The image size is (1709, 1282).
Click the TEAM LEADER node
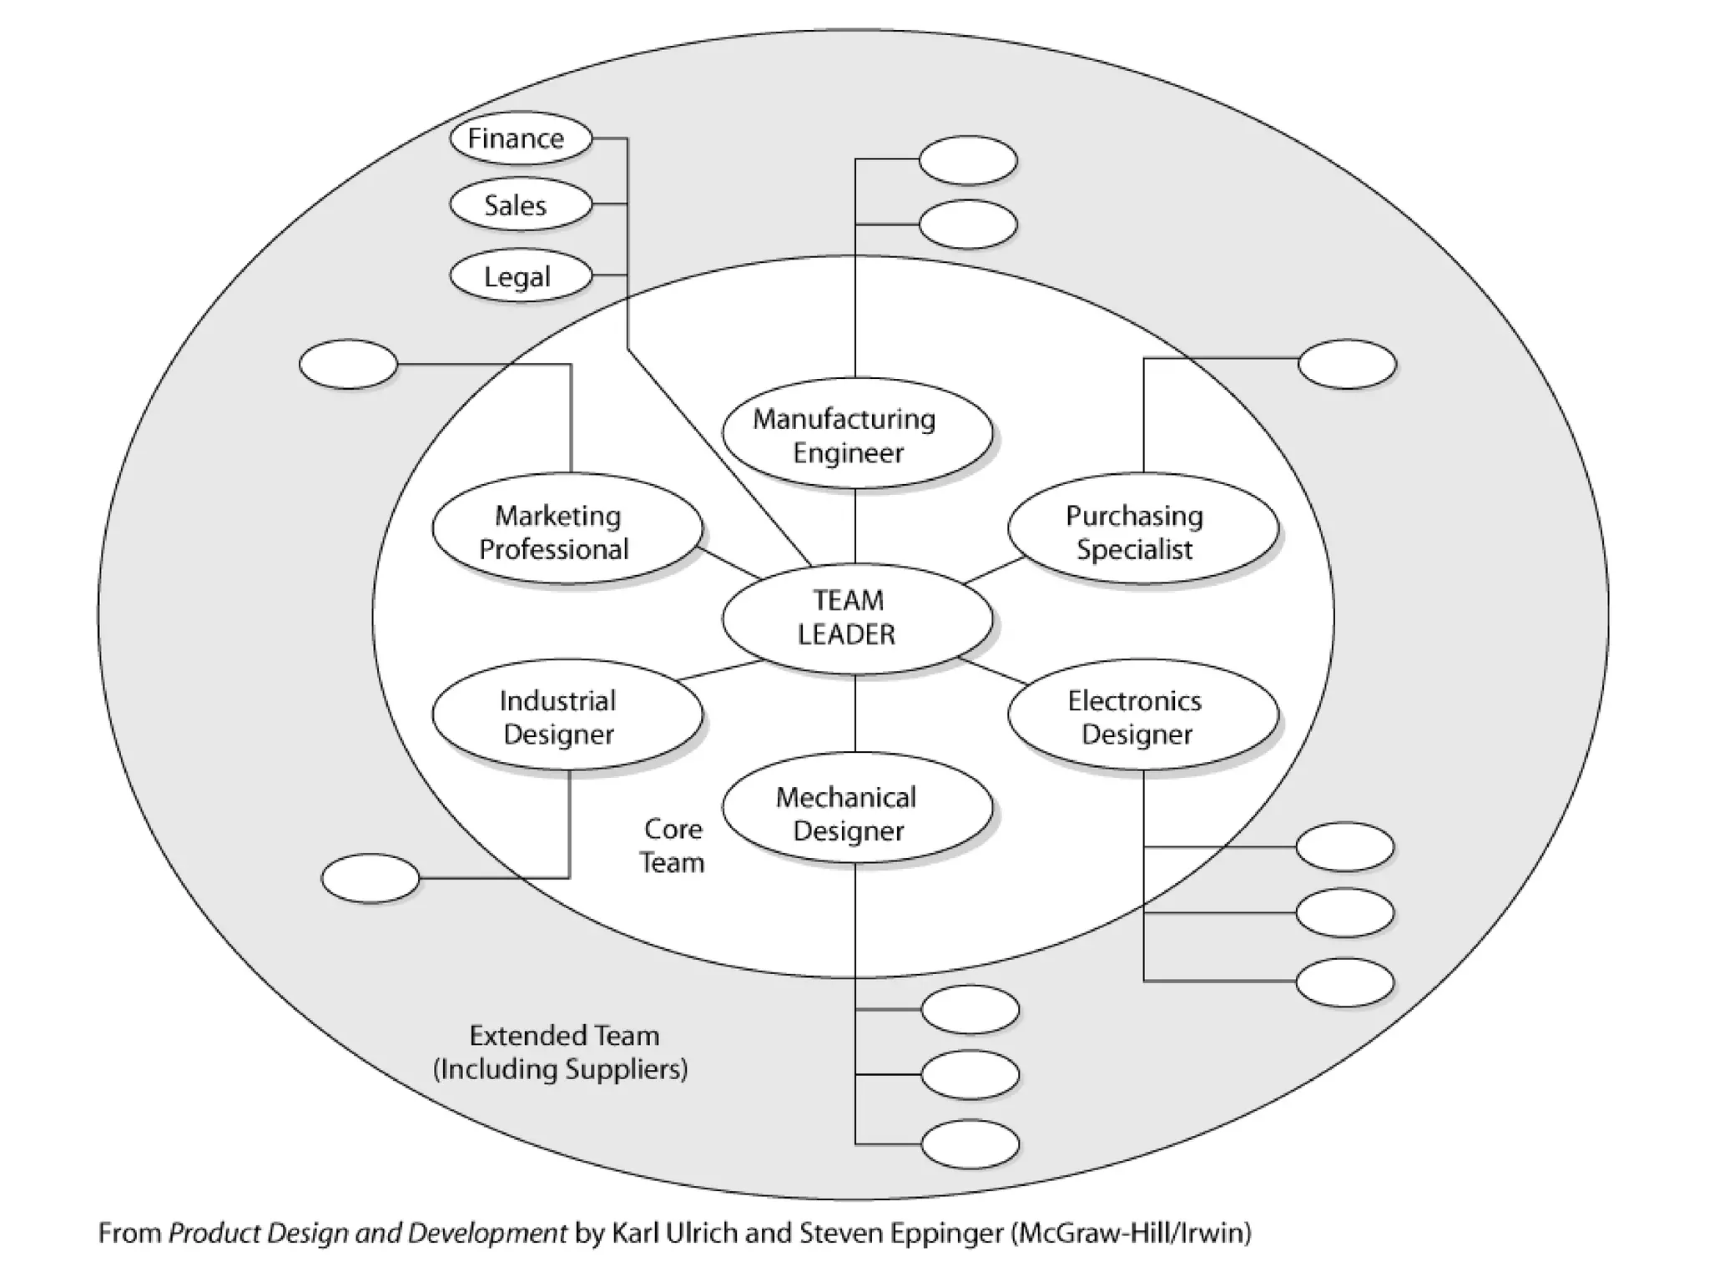(857, 618)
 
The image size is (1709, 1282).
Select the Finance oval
(521, 138)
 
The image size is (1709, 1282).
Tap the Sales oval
(521, 204)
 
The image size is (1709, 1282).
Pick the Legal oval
(521, 275)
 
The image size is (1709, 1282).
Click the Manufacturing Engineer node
(857, 433)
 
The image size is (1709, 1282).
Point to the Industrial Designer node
(567, 714)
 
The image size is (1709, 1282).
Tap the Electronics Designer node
(1143, 714)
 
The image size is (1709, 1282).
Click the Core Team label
(673, 845)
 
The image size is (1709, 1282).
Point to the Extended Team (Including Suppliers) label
(561, 1052)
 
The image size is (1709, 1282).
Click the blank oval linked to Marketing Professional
(348, 364)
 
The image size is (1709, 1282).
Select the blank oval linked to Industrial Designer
(371, 878)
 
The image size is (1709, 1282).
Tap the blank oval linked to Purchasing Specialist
(1347, 364)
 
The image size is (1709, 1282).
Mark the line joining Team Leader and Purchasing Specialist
(994, 570)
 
